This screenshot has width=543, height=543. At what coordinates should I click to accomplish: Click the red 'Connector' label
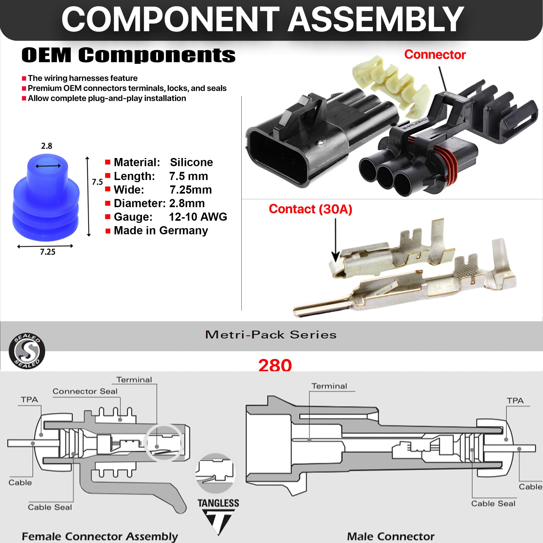pyautogui.click(x=434, y=55)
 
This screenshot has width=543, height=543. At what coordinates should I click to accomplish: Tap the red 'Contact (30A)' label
pyautogui.click(x=310, y=209)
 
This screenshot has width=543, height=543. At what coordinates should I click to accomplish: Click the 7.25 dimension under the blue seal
pyautogui.click(x=48, y=252)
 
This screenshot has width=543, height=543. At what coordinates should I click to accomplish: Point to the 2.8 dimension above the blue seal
pyautogui.click(x=46, y=146)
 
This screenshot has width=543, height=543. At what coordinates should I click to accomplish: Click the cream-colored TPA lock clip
pyautogui.click(x=391, y=84)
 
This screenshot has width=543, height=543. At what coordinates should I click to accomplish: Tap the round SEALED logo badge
pyautogui.click(x=27, y=351)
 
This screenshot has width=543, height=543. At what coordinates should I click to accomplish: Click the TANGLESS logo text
pyautogui.click(x=218, y=503)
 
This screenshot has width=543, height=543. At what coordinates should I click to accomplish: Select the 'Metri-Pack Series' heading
pyautogui.click(x=271, y=335)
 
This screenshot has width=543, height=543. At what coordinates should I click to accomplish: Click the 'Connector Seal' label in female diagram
pyautogui.click(x=85, y=391)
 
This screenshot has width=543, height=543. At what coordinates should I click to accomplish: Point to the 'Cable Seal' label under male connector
pyautogui.click(x=493, y=503)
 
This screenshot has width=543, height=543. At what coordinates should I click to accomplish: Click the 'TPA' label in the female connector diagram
pyautogui.click(x=29, y=399)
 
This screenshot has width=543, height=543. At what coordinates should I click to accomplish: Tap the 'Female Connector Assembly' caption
pyautogui.click(x=100, y=536)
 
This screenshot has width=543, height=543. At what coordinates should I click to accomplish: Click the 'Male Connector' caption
pyautogui.click(x=391, y=536)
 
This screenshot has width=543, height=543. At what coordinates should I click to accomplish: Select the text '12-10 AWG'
pyautogui.click(x=198, y=217)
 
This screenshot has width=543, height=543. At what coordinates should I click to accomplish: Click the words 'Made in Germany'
pyautogui.click(x=161, y=231)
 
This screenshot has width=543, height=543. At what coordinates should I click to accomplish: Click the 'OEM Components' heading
pyautogui.click(x=128, y=55)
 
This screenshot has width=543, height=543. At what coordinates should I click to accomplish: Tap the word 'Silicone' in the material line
pyautogui.click(x=191, y=162)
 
